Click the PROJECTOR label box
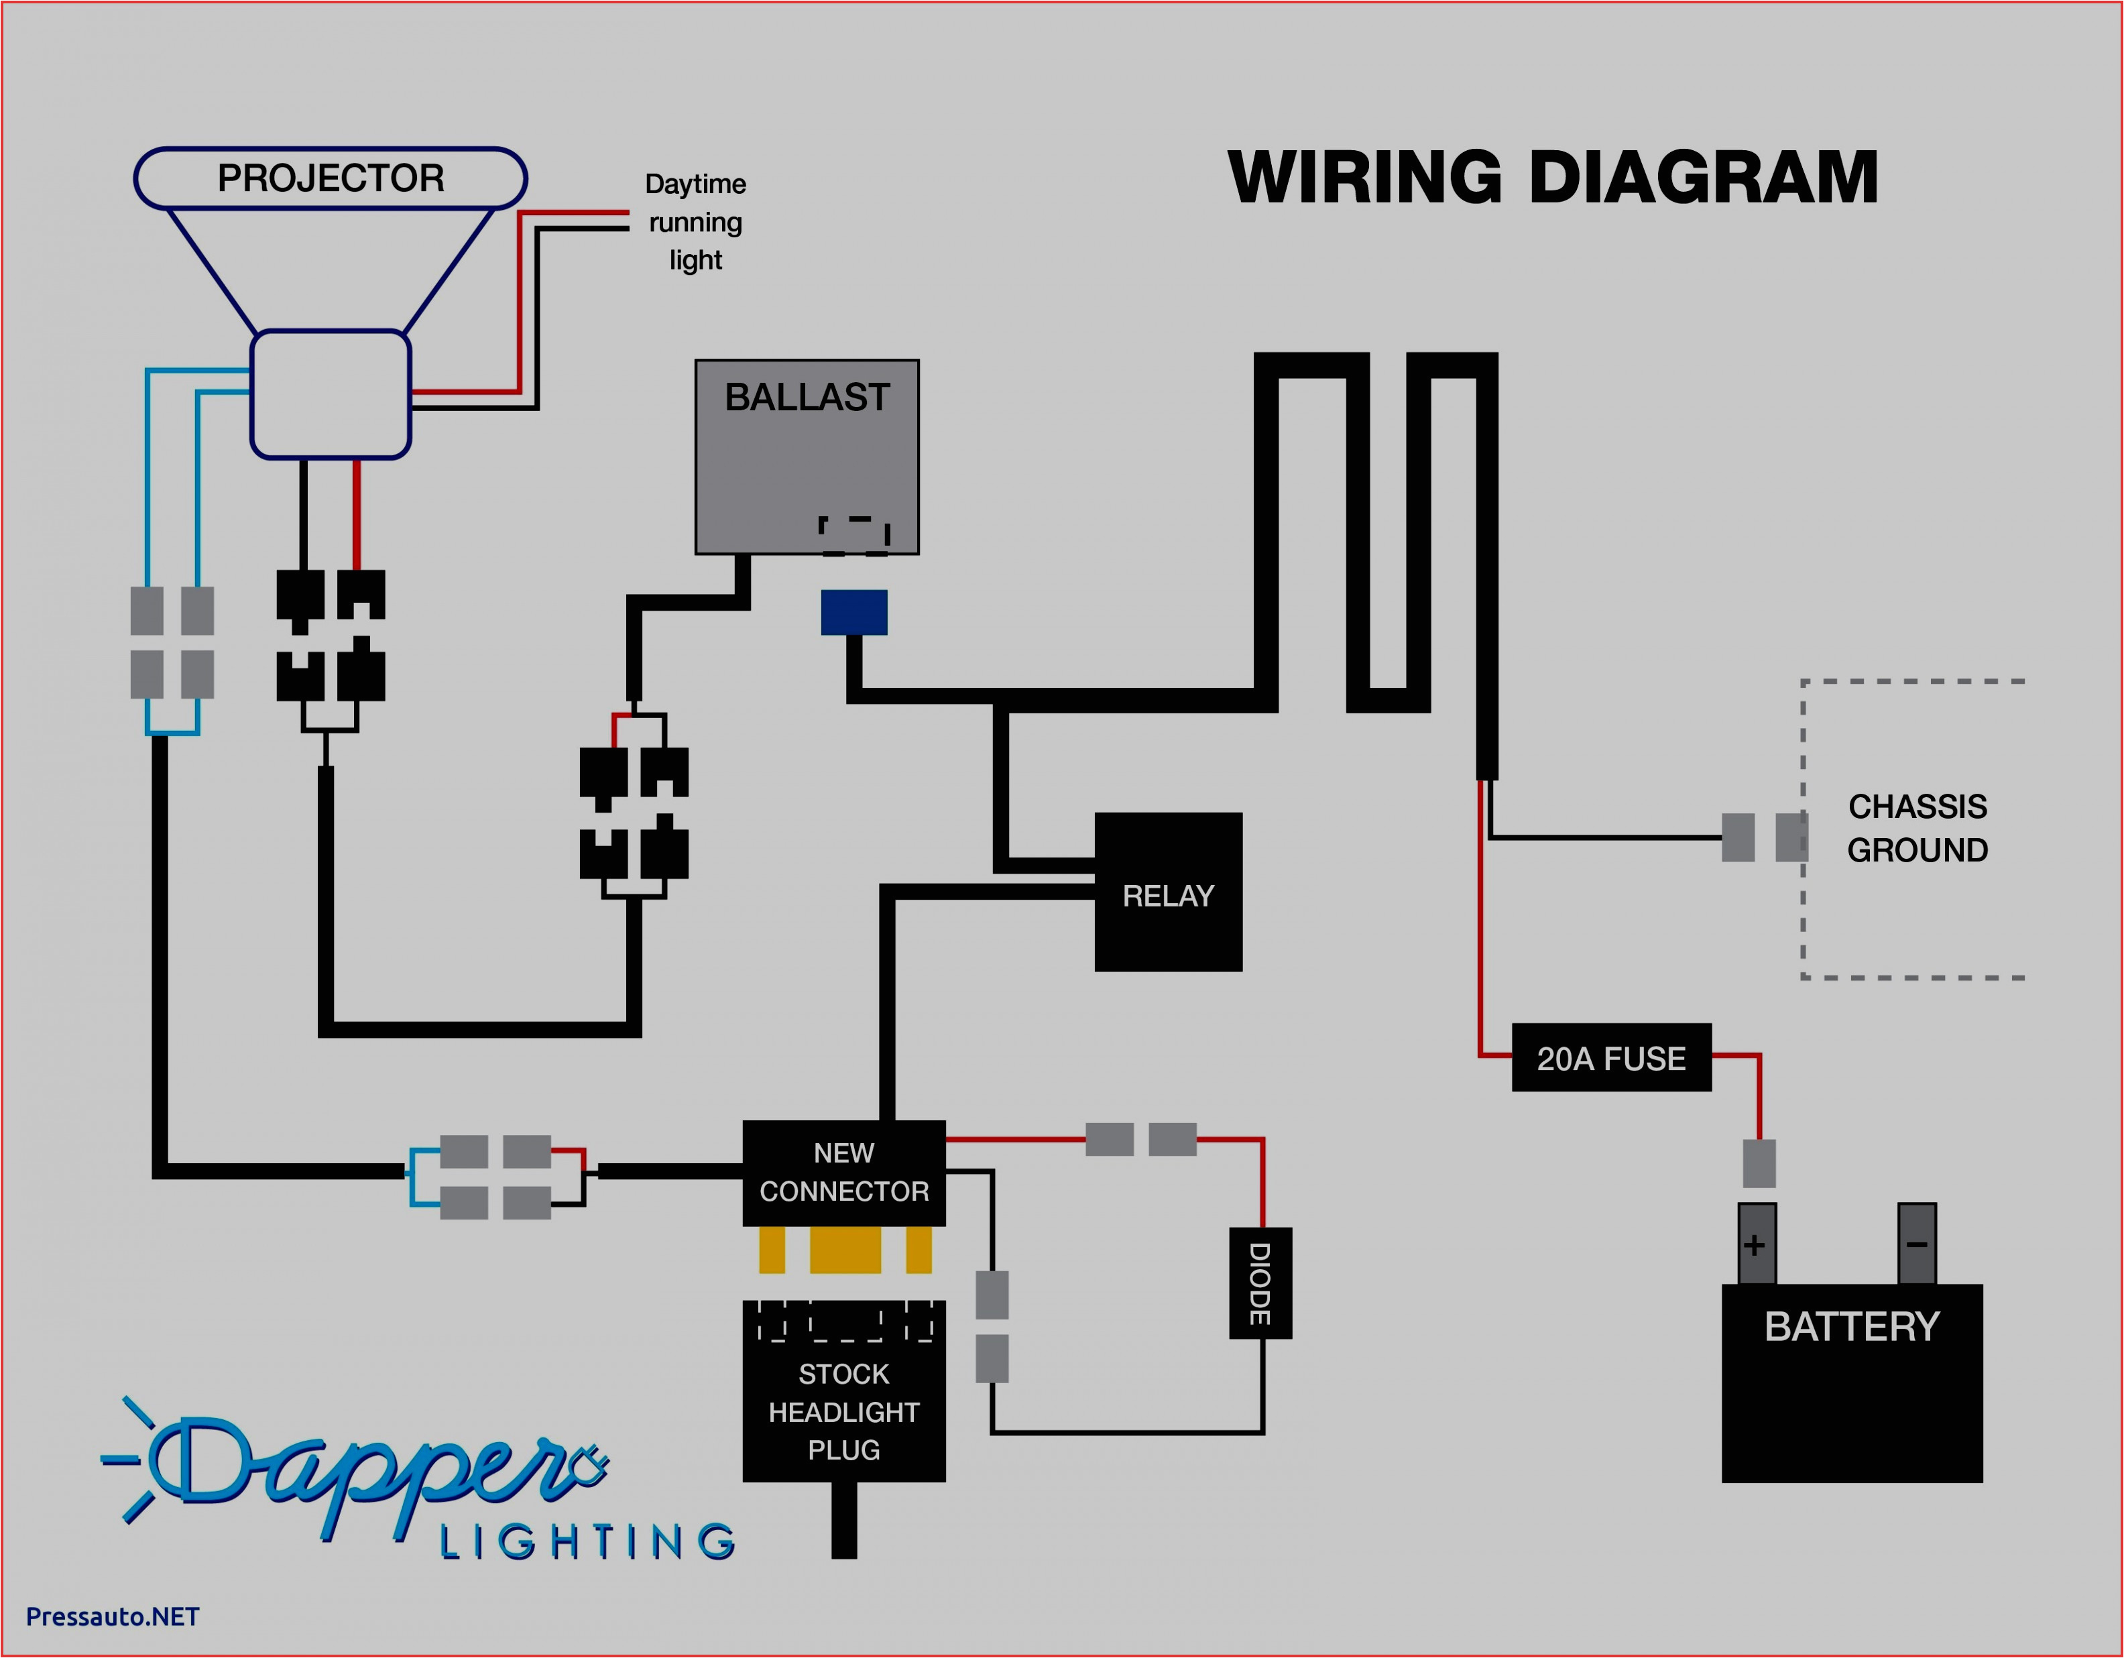(x=330, y=178)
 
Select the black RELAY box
(x=1168, y=892)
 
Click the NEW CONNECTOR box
(x=843, y=1172)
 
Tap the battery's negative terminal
(x=1916, y=1244)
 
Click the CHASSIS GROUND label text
(x=1917, y=827)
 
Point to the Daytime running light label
(x=695, y=222)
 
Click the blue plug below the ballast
(x=854, y=611)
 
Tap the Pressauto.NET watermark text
(x=112, y=1616)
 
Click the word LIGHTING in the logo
(x=587, y=1541)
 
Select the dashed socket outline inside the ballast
(x=854, y=536)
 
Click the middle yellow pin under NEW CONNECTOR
(x=845, y=1250)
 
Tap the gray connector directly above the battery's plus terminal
(x=1759, y=1163)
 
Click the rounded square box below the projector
(x=330, y=394)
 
